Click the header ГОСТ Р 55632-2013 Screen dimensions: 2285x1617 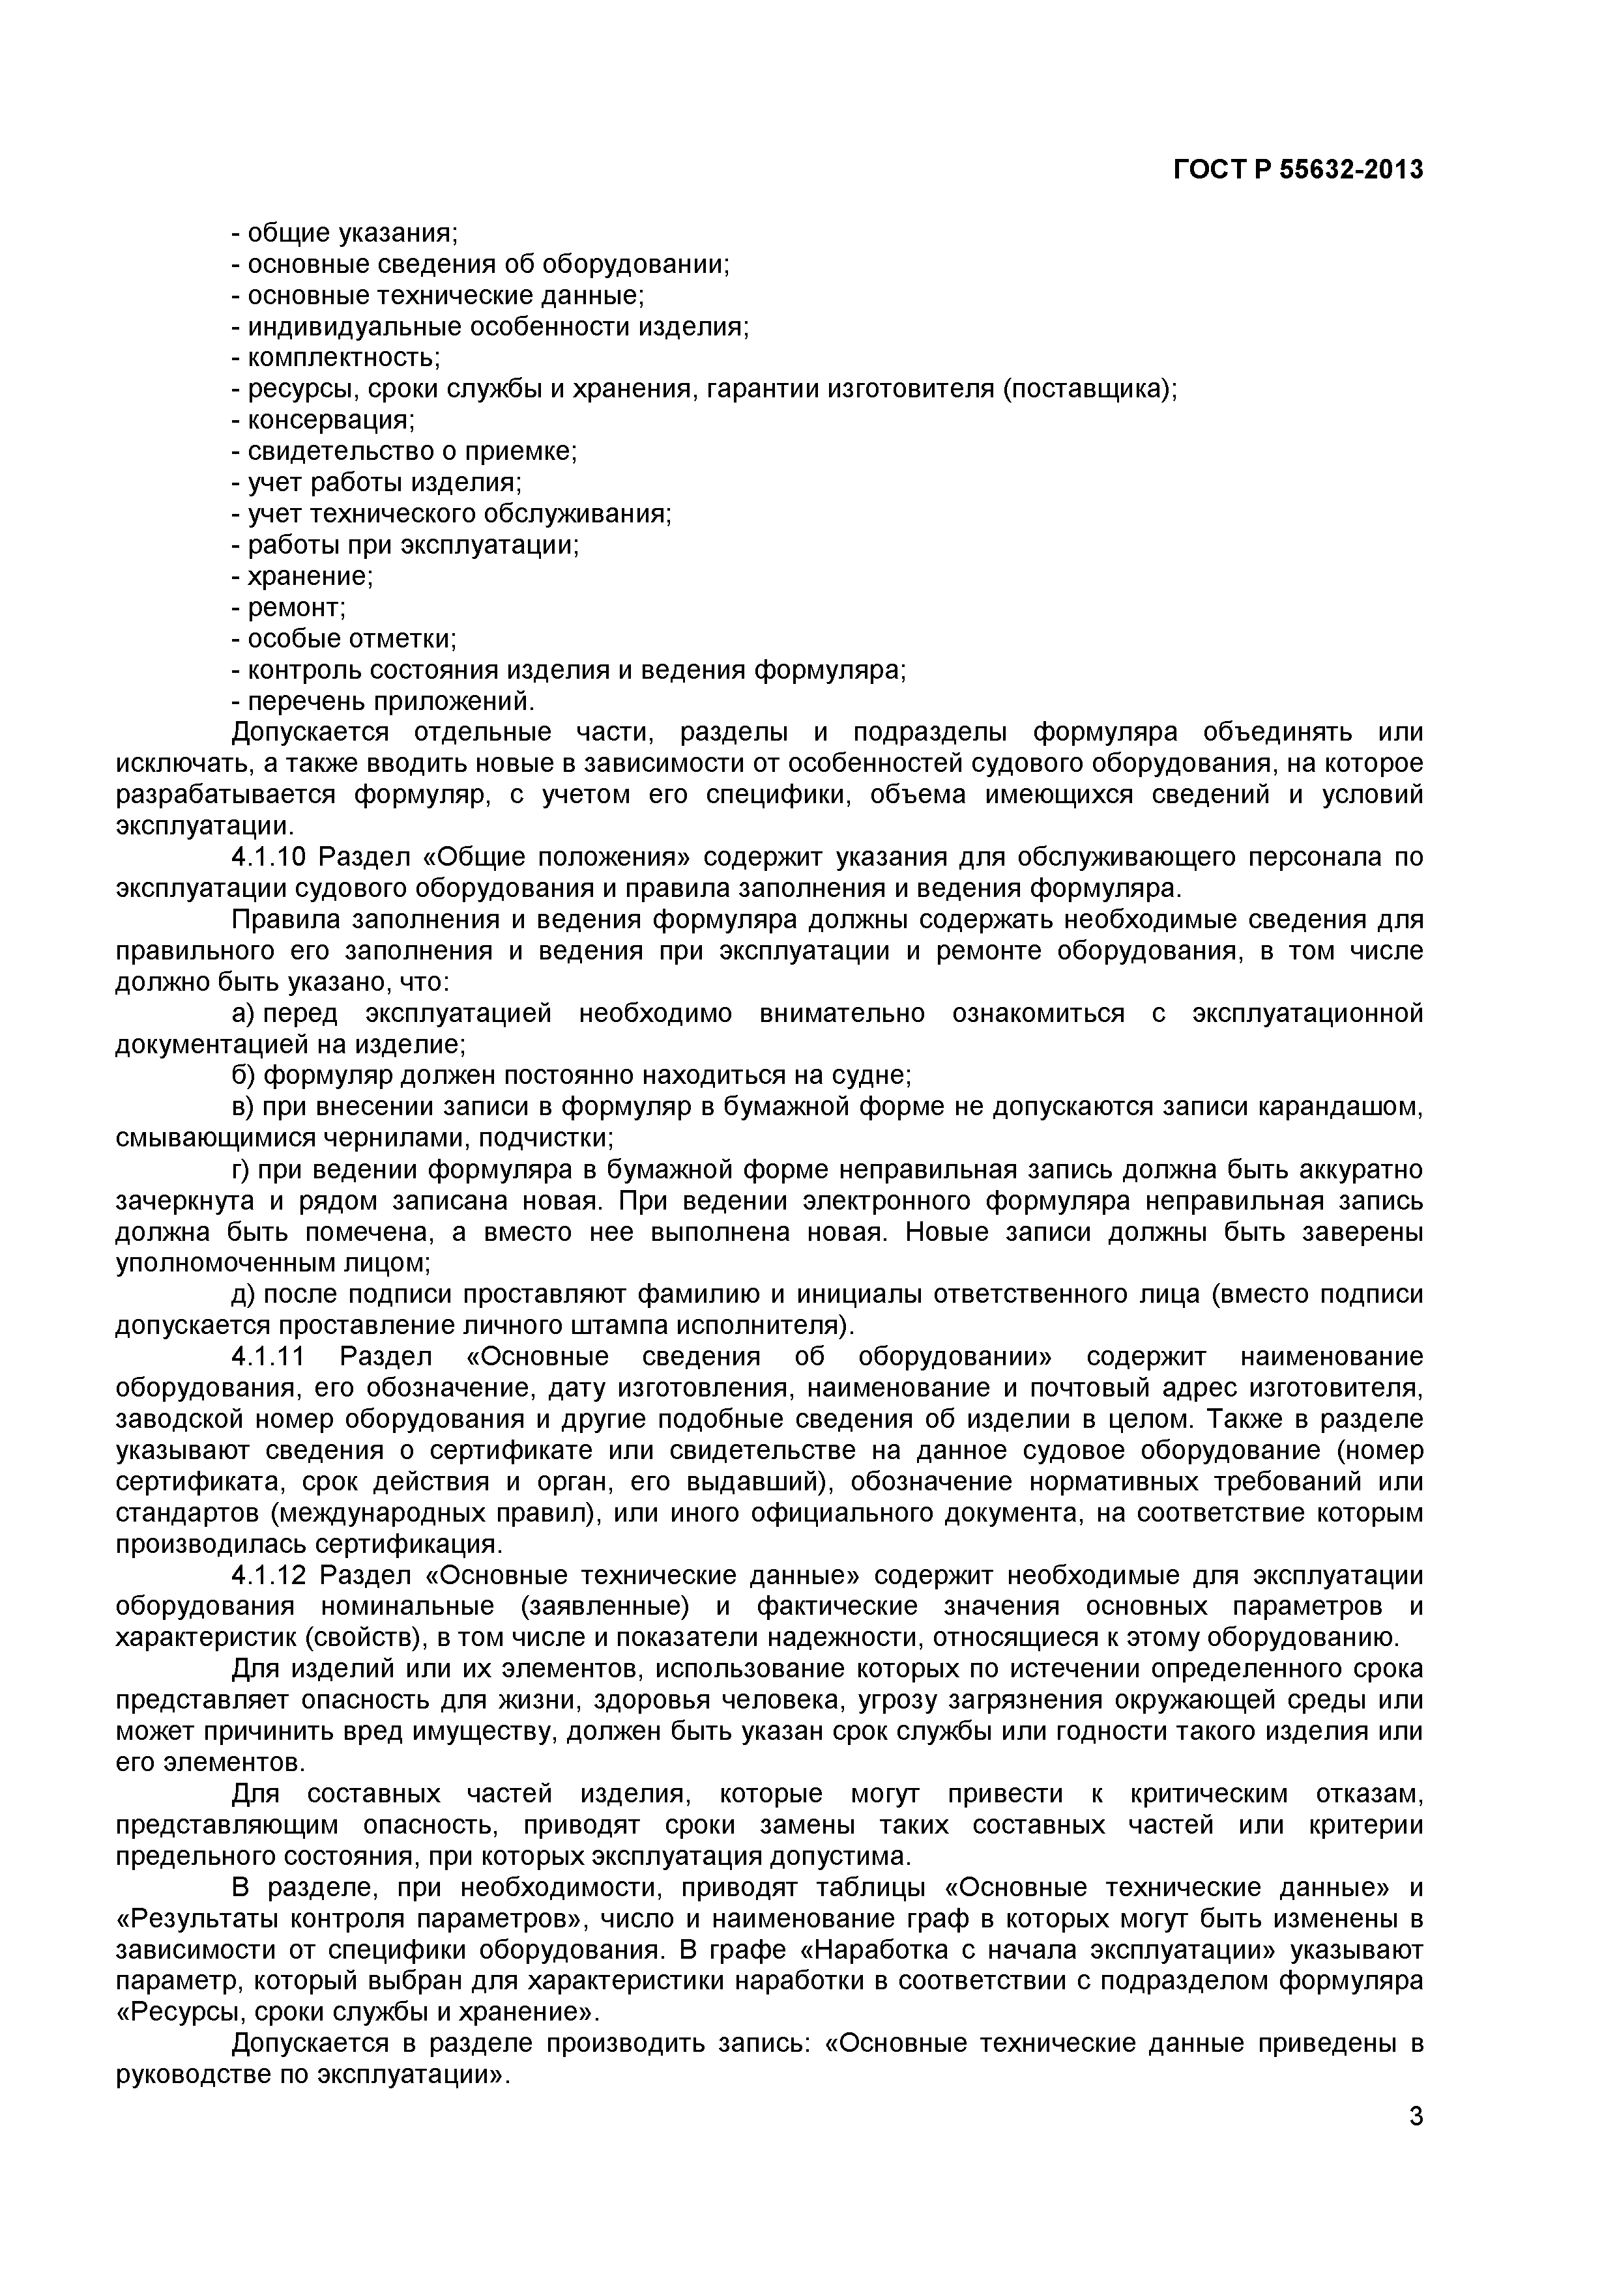(1298, 170)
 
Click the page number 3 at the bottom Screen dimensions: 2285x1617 (1416, 2143)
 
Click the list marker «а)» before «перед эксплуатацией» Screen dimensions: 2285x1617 (244, 1013)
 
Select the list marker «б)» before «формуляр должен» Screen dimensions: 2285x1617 (244, 1076)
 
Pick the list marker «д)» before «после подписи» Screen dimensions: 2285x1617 (244, 1294)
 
